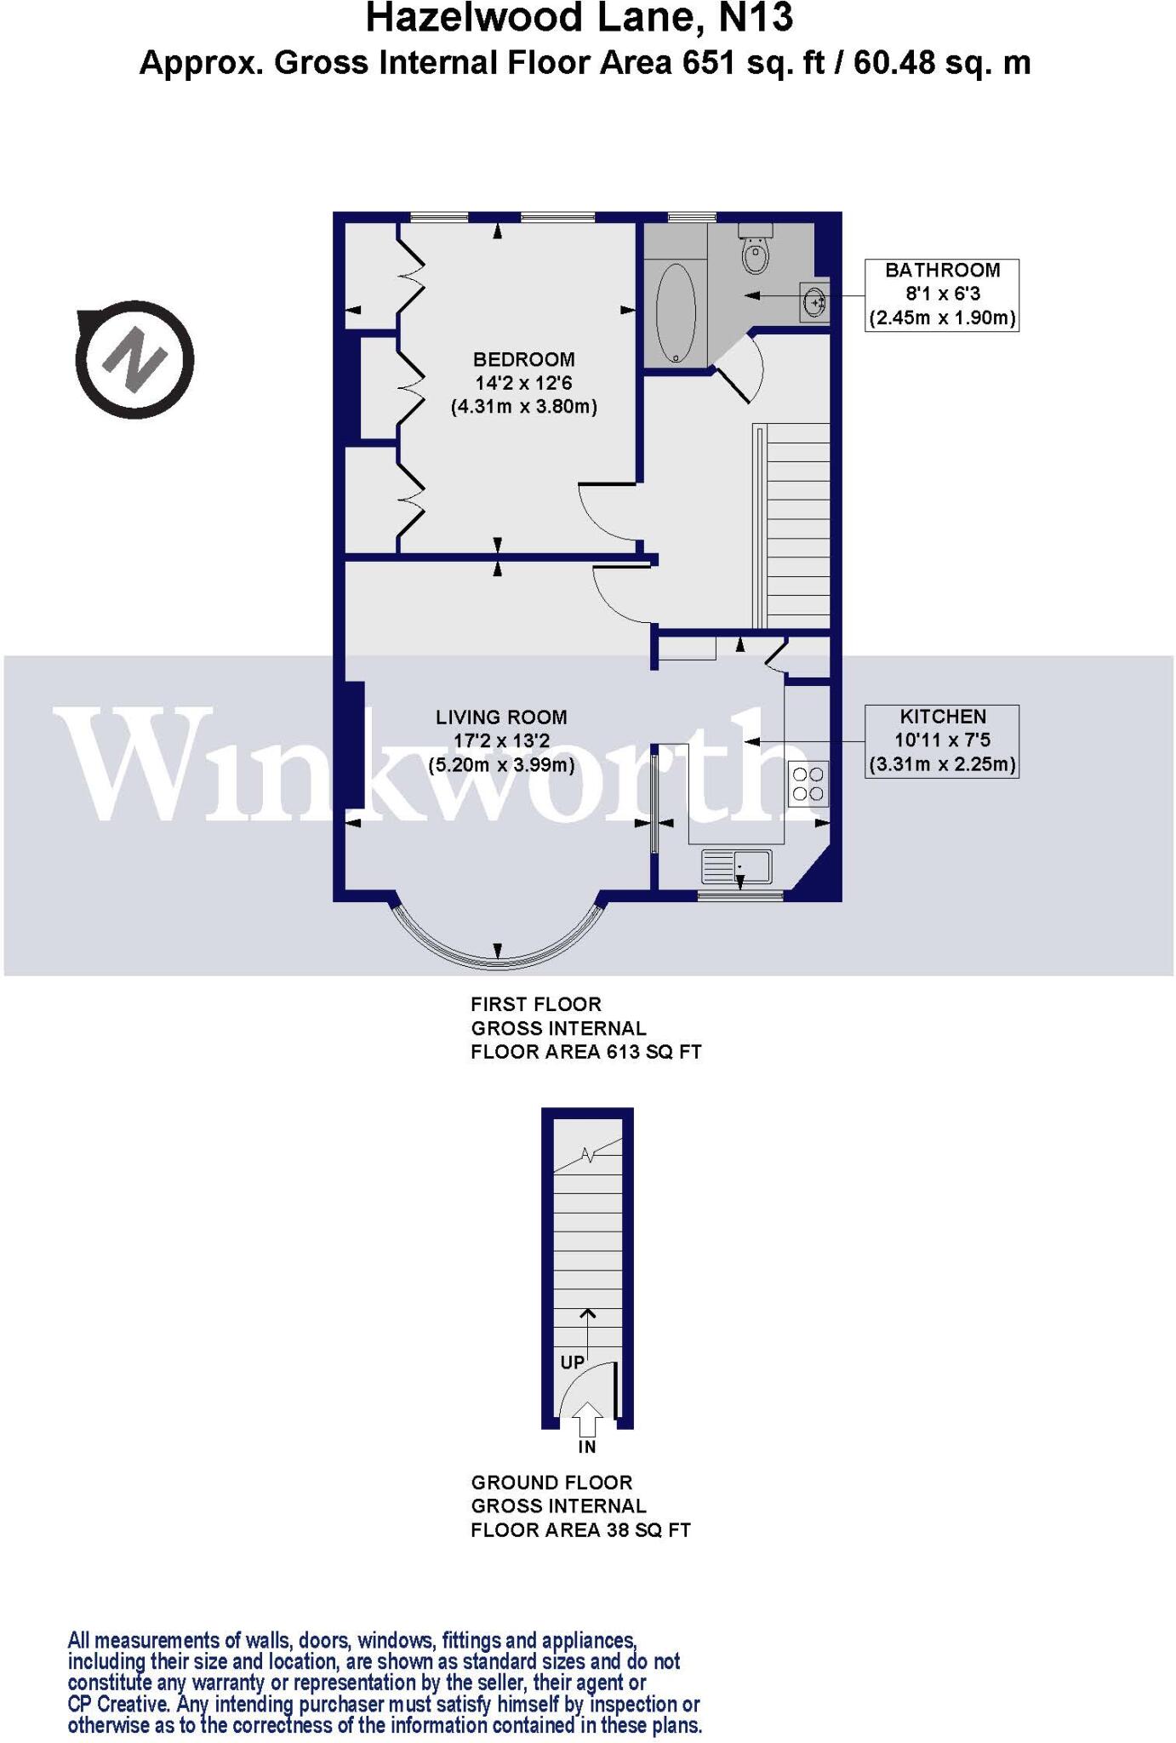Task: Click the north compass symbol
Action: click(x=135, y=359)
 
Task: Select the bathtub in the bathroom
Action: click(x=676, y=313)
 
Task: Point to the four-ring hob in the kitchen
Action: click(x=808, y=784)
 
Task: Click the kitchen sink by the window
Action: click(x=737, y=866)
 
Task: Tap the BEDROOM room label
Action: click(x=524, y=360)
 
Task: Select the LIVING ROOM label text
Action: click(x=501, y=717)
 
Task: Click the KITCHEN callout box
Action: click(x=942, y=740)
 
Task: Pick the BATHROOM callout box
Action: click(x=942, y=294)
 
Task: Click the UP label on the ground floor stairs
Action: click(x=572, y=1363)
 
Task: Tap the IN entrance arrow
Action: click(x=587, y=1422)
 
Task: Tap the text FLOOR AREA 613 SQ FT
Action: click(x=585, y=1052)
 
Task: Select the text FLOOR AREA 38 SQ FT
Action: click(x=580, y=1530)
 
